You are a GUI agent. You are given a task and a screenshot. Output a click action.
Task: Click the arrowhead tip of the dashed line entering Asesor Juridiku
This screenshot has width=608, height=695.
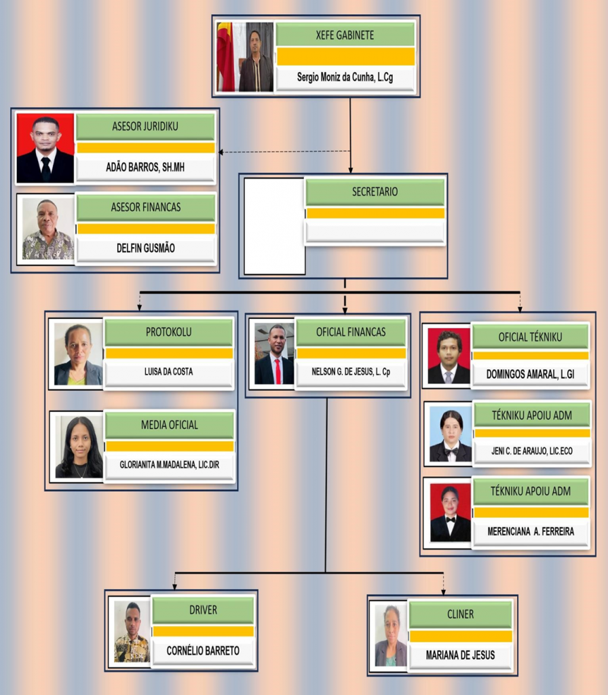point(218,152)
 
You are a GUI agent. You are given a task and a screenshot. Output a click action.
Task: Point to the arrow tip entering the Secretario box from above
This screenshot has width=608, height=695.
point(351,173)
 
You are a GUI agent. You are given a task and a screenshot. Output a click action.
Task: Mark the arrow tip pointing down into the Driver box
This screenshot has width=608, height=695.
point(174,590)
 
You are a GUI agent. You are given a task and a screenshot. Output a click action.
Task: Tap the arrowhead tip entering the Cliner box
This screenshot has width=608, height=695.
point(443,595)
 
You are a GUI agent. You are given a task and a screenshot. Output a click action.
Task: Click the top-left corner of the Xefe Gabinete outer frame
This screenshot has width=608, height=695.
point(212,15)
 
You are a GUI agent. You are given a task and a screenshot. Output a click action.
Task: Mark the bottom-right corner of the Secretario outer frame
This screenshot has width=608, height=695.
point(448,278)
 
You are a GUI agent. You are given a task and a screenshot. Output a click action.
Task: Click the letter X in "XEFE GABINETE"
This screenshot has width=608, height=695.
point(319,35)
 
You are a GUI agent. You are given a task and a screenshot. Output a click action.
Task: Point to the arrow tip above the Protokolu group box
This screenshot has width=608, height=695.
point(139,311)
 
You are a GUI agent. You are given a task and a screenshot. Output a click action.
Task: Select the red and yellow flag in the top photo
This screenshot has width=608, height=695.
point(225,57)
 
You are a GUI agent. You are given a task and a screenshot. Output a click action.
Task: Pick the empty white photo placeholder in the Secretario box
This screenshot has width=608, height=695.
point(274,226)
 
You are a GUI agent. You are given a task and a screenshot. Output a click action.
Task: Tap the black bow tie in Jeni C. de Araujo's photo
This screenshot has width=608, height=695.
point(451,452)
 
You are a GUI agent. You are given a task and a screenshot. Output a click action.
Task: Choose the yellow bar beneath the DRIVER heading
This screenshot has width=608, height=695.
point(204,631)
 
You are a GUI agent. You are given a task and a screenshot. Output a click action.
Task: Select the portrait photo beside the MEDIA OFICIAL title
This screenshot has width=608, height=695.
point(79,447)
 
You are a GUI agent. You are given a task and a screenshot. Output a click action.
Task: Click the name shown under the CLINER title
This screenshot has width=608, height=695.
point(461,655)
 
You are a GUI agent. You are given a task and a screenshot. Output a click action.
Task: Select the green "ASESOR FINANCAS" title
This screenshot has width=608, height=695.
point(146,207)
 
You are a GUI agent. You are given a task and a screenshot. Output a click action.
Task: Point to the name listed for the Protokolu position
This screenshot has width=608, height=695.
point(168,372)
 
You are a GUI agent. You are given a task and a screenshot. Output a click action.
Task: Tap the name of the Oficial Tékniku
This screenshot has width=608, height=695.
point(531,375)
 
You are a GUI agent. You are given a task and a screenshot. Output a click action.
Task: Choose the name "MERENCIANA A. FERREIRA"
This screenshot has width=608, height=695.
point(531,531)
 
